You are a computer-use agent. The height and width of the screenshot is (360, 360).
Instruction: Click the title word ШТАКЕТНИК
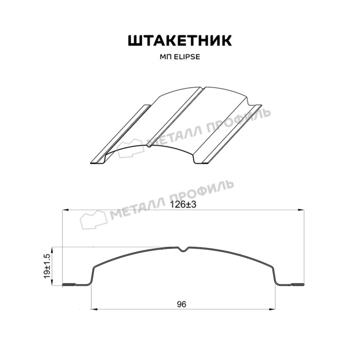[x=180, y=41]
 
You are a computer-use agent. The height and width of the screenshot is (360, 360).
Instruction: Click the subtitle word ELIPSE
[x=187, y=57]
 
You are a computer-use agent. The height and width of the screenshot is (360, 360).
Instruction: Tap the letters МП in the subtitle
[x=166, y=57]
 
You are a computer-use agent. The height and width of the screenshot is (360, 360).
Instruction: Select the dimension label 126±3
[x=183, y=204]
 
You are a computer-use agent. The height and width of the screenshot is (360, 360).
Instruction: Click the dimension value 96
[x=182, y=304]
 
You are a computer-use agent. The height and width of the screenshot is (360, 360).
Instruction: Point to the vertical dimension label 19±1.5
[x=47, y=266]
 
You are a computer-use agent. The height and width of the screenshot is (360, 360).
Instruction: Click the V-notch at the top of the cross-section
[x=184, y=249]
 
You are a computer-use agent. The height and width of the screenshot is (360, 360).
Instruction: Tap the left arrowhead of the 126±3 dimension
[x=66, y=210]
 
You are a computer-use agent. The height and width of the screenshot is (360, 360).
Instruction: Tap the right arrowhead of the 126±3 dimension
[x=301, y=210]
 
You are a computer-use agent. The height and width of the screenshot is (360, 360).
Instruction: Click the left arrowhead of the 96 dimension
[x=95, y=309]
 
